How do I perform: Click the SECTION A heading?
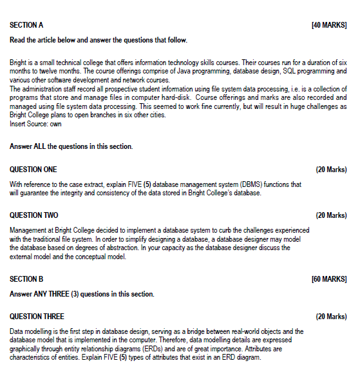pos(26,24)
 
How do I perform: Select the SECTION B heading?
pos(26,279)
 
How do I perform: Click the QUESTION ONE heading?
pos(33,170)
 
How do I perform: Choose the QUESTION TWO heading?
pos(33,215)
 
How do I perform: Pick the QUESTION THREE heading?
pos(37,317)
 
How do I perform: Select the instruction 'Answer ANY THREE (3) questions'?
pos(82,294)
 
